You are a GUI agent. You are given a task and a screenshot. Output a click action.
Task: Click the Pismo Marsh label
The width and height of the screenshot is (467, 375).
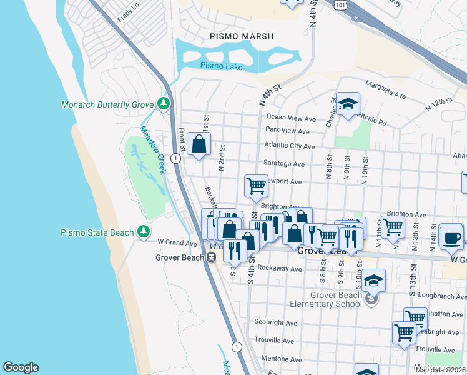click(x=242, y=36)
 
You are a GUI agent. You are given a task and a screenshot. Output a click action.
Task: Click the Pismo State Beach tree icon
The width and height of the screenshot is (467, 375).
click(x=144, y=232)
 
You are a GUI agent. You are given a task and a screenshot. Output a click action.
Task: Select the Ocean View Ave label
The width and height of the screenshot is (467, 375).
click(x=291, y=117)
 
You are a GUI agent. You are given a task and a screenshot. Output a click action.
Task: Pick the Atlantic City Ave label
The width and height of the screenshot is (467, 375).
click(x=289, y=146)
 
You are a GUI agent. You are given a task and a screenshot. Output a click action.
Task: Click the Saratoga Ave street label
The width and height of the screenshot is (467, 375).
click(x=283, y=164)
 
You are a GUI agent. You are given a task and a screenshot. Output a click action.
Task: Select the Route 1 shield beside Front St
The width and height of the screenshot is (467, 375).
click(x=177, y=159)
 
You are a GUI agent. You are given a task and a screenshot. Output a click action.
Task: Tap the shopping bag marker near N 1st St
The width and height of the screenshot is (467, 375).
click(x=199, y=144)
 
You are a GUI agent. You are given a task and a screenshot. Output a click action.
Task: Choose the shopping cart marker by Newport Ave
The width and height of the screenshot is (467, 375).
click(x=256, y=185)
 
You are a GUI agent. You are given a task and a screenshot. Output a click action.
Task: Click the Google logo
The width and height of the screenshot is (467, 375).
click(x=21, y=367)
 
